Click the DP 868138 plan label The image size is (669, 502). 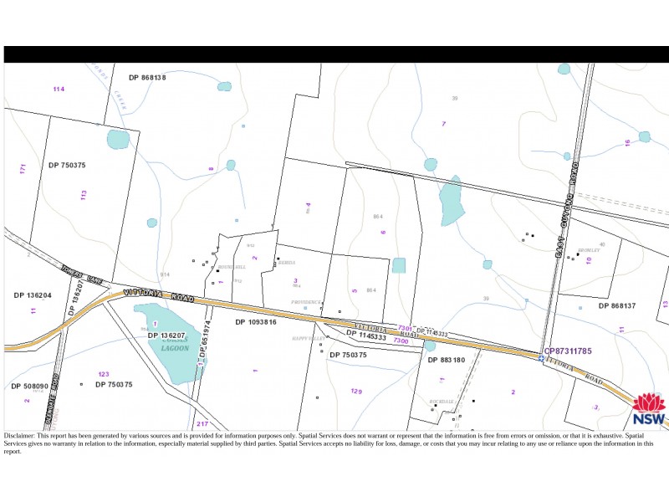click(x=147, y=77)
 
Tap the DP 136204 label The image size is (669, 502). click(x=33, y=295)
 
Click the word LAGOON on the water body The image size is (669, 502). click(x=176, y=348)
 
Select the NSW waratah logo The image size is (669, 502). click(x=649, y=409)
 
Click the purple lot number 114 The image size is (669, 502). click(x=59, y=89)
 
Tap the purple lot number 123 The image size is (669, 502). click(x=104, y=374)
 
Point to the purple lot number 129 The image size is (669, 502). click(x=356, y=392)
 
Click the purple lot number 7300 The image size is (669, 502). click(x=401, y=341)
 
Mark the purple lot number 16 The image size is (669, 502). click(x=627, y=143)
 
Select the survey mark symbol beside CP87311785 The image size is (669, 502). click(x=541, y=358)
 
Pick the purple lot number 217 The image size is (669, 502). click(x=202, y=424)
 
